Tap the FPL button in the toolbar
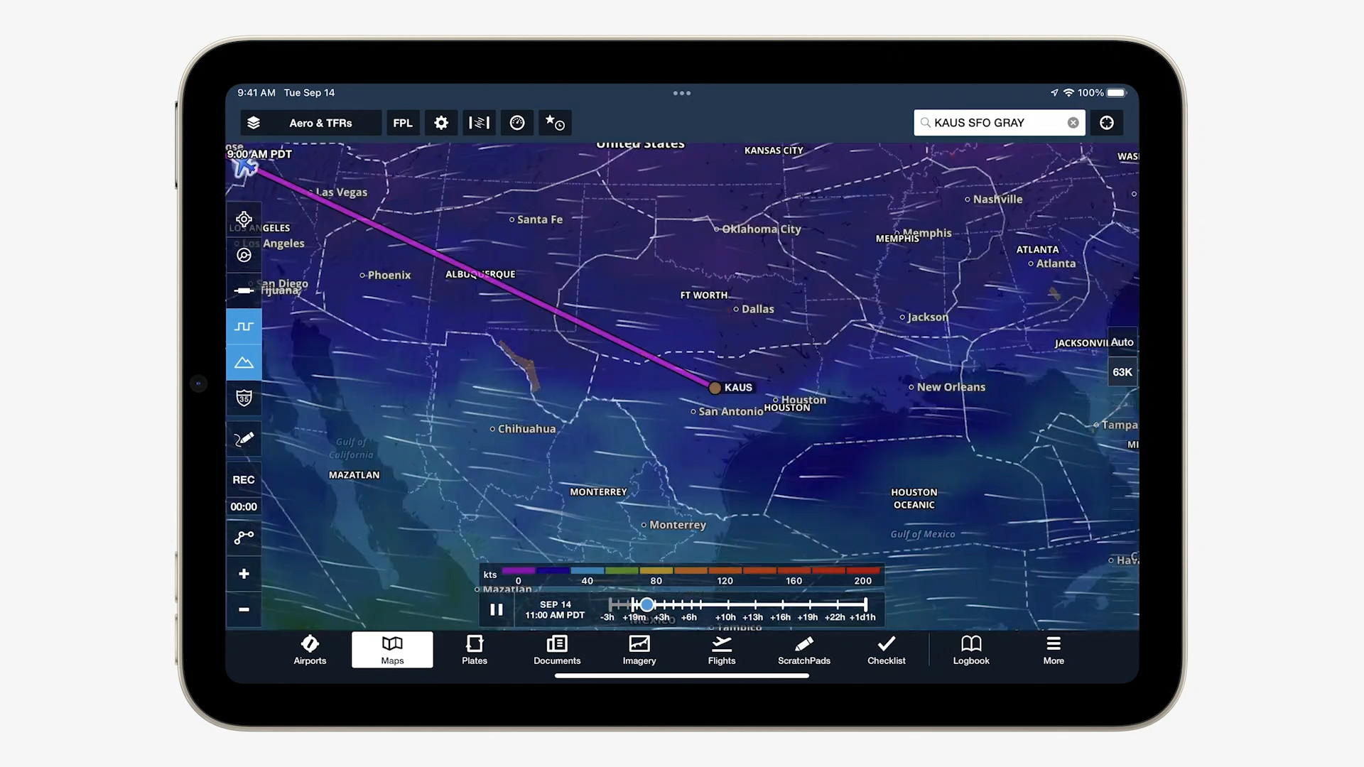[x=402, y=123]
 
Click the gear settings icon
[x=441, y=123]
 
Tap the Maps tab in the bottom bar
[x=392, y=650]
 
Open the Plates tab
[x=475, y=650]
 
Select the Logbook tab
[x=970, y=650]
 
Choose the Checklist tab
[x=886, y=650]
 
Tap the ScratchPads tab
[x=803, y=650]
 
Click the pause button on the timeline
[x=497, y=609]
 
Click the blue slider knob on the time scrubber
[x=646, y=604]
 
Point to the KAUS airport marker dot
[x=715, y=388]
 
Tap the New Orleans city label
[x=951, y=387]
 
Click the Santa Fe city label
[x=539, y=219]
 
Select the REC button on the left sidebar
[x=244, y=480]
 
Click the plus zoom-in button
[x=244, y=574]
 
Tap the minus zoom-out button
[x=244, y=609]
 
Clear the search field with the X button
[x=1073, y=123]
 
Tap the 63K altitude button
[x=1122, y=372]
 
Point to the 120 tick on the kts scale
[x=725, y=581]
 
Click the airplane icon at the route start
[x=245, y=167]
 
